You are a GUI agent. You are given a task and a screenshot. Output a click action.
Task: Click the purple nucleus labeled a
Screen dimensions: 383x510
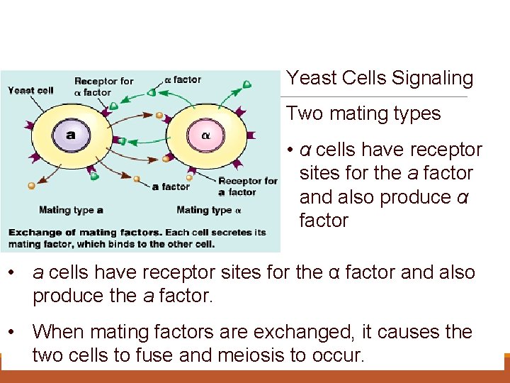tap(70, 135)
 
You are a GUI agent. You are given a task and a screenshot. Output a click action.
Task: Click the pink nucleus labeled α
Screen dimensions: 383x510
tap(205, 135)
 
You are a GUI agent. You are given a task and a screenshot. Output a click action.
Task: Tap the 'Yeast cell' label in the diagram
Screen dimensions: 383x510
tap(30, 90)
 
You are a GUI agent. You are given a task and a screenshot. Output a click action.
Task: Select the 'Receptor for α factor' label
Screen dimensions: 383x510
tap(103, 87)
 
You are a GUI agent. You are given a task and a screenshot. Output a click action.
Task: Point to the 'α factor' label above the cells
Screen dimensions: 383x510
tap(183, 80)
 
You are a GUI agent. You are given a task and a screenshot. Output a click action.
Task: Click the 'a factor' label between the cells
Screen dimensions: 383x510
tap(171, 187)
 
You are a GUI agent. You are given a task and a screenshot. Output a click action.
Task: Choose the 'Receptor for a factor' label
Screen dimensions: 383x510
tap(247, 187)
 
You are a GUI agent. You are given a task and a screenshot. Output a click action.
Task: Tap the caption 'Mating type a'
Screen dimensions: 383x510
tap(71, 210)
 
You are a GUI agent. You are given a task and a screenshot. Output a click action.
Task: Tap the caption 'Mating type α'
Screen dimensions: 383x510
tap(209, 210)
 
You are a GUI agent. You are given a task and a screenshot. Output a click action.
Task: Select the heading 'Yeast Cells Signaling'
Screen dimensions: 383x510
tap(379, 78)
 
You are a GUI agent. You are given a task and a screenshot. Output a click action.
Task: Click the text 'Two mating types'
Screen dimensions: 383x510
tap(363, 113)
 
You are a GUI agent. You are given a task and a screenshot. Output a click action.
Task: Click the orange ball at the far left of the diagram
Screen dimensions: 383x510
tap(31, 186)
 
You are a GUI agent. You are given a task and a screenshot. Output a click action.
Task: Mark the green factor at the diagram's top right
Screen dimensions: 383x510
tap(246, 84)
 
